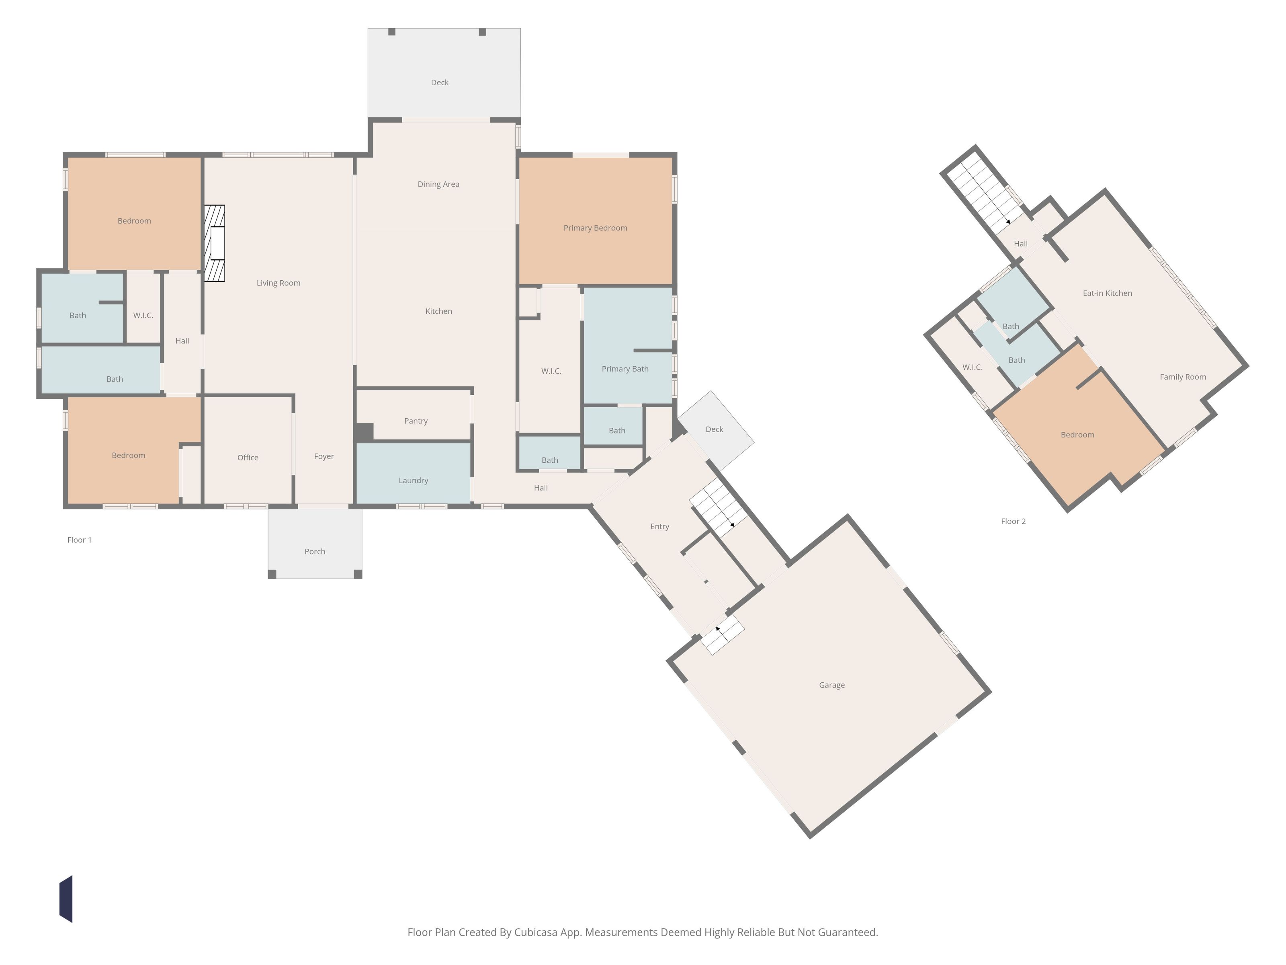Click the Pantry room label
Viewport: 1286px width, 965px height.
pos(416,421)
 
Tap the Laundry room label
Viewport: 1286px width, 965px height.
pos(414,480)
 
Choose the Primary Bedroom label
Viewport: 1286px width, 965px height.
pos(595,228)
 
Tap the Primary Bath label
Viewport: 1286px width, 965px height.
pos(625,369)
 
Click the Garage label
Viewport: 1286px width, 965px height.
pos(832,685)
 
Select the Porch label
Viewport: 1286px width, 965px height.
pos(315,551)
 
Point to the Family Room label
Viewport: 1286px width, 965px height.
pos(1183,377)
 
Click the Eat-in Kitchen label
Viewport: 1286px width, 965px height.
pos(1108,293)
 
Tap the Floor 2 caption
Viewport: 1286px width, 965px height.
pos(1014,521)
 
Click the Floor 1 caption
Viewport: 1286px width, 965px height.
pos(80,540)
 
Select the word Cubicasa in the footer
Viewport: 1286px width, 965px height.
pos(535,932)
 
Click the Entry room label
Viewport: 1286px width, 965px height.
pos(660,526)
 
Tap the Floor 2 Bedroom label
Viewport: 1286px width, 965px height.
pos(1077,435)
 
